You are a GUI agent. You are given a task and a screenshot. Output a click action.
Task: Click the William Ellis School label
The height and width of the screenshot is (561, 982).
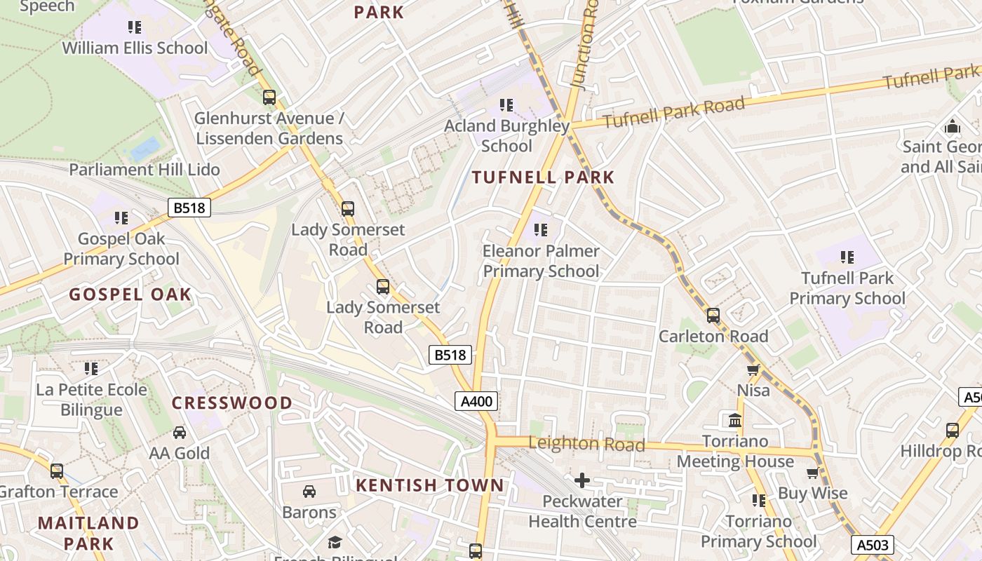click(x=135, y=48)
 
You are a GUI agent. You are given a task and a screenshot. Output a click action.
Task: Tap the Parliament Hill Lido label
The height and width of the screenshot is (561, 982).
click(x=144, y=170)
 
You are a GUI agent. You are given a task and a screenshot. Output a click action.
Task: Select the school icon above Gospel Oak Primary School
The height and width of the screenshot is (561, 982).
click(x=121, y=218)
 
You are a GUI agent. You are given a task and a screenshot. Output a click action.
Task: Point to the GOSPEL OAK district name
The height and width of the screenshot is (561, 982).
click(x=130, y=294)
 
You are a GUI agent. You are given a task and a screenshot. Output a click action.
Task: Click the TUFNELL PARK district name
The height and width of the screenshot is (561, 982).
click(x=543, y=177)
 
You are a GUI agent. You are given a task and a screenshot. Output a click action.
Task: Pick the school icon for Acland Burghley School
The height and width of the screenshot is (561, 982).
click(x=506, y=105)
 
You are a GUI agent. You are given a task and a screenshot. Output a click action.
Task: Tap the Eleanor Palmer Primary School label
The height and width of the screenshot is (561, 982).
click(x=541, y=261)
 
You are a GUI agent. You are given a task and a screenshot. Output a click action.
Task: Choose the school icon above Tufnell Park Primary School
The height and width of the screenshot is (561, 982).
click(x=847, y=257)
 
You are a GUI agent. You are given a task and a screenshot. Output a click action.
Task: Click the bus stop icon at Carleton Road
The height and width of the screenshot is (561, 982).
click(x=713, y=316)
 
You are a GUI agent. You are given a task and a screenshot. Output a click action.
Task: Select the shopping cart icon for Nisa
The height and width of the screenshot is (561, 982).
click(x=753, y=370)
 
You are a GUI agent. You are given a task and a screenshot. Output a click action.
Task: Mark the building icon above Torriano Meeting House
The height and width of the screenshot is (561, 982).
click(x=735, y=421)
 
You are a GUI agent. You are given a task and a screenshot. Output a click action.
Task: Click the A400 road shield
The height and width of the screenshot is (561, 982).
click(x=477, y=401)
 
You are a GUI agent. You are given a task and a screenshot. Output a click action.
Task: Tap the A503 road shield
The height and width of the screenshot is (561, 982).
click(x=873, y=545)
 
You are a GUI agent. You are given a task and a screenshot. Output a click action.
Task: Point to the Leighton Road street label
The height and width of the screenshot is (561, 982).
click(x=586, y=443)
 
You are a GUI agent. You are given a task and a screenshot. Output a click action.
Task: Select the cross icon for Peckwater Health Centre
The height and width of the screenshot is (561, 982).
click(x=582, y=480)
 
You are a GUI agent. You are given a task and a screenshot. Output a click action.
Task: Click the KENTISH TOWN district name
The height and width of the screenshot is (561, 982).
click(x=429, y=485)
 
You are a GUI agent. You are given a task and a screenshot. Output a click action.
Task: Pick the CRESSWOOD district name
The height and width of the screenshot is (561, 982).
click(x=231, y=403)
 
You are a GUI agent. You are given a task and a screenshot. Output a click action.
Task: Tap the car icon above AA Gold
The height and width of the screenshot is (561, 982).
click(x=180, y=433)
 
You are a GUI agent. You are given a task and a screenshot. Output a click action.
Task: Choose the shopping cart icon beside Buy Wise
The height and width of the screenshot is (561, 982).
click(x=813, y=473)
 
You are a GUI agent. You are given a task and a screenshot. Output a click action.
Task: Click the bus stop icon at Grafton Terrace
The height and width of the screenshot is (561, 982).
click(x=57, y=471)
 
